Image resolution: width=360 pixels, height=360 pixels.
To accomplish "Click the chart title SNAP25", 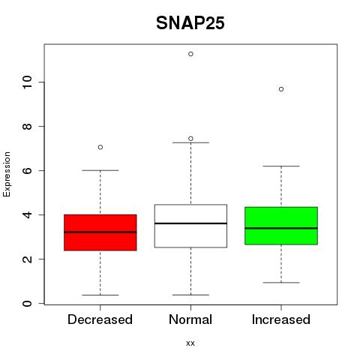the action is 190,23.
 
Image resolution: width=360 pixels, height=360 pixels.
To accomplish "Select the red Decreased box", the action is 100,232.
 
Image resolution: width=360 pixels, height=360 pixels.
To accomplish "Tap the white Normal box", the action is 190,226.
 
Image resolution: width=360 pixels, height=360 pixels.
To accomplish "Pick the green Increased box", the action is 281,226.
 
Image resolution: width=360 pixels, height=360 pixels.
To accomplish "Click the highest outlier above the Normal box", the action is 190,54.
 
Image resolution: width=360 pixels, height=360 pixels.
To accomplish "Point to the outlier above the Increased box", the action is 281,89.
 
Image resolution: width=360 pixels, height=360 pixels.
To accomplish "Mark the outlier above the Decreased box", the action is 100,147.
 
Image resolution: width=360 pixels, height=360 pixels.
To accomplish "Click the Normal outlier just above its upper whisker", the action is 190,139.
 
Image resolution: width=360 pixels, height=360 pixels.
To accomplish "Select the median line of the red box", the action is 100,232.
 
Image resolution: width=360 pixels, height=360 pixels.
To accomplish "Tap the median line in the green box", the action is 281,228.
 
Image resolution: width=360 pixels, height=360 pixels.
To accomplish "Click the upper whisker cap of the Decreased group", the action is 100,170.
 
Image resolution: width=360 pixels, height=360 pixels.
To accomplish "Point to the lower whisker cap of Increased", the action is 281,283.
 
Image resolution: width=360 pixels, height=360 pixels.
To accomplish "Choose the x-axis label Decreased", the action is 100,319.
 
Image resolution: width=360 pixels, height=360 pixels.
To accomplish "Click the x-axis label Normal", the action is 190,319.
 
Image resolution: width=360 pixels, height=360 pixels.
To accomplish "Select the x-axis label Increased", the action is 281,319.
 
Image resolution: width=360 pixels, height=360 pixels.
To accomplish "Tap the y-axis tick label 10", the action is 27,82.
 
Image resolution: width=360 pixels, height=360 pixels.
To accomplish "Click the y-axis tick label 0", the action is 27,304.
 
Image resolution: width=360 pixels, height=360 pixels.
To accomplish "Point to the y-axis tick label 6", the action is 27,170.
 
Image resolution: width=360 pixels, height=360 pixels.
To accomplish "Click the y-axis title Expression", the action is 7,174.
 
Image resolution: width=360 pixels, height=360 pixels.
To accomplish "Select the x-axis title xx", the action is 190,343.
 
